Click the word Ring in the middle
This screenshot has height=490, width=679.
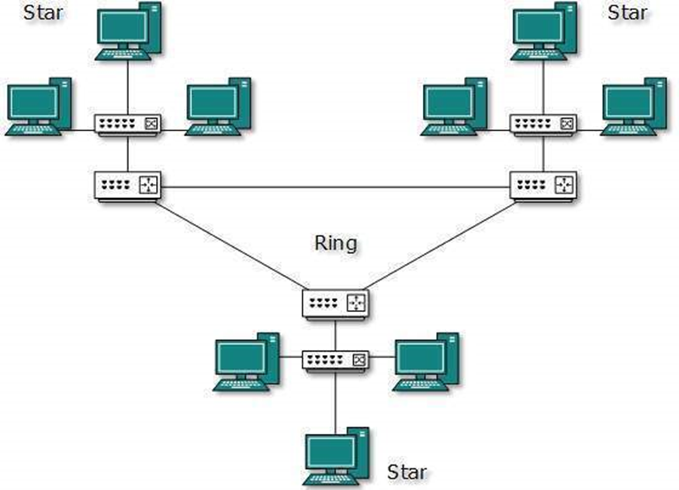pyautogui.click(x=335, y=244)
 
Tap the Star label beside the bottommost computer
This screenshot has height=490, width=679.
pyautogui.click(x=407, y=471)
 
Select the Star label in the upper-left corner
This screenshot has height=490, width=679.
pyautogui.click(x=44, y=12)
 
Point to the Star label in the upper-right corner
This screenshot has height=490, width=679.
pyautogui.click(x=627, y=12)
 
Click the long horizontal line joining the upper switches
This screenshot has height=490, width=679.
pyautogui.click(x=334, y=187)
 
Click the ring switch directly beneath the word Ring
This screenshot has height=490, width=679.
pyautogui.click(x=335, y=302)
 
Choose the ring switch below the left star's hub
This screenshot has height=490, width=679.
pyautogui.click(x=126, y=186)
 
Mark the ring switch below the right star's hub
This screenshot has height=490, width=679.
pyautogui.click(x=543, y=186)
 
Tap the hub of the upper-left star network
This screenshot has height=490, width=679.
pyautogui.click(x=126, y=123)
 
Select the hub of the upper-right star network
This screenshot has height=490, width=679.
pyautogui.click(x=543, y=123)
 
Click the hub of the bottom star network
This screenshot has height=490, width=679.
pyautogui.click(x=335, y=360)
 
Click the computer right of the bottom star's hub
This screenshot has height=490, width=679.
pyautogui.click(x=428, y=362)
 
